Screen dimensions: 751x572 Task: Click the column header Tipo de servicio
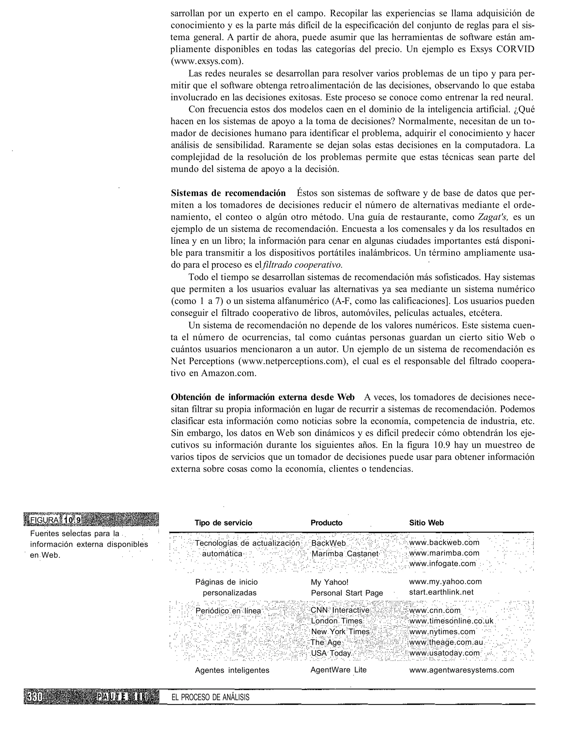click(x=223, y=523)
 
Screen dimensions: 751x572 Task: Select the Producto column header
click(x=326, y=523)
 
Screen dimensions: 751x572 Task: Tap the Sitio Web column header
click(x=426, y=523)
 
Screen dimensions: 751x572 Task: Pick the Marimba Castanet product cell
click(x=345, y=553)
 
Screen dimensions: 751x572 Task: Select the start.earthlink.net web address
click(x=441, y=592)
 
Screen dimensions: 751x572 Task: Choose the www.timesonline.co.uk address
click(x=451, y=621)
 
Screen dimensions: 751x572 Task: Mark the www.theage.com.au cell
click(x=446, y=642)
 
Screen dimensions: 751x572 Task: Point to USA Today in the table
click(x=331, y=653)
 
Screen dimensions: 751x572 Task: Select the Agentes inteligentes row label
click(x=232, y=670)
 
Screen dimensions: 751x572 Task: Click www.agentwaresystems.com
click(x=461, y=670)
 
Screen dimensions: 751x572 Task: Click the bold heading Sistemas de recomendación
click(x=228, y=193)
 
